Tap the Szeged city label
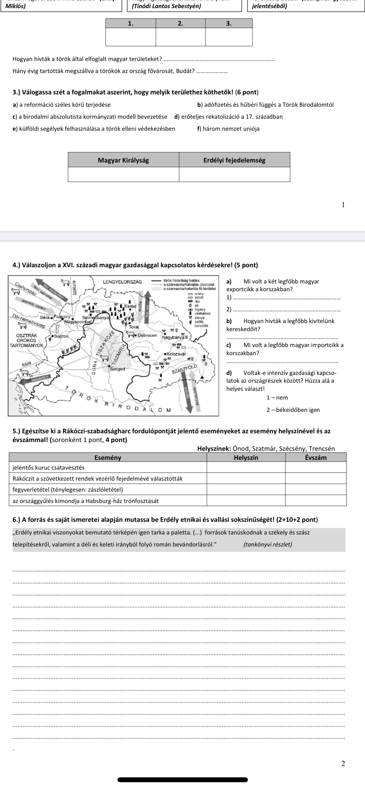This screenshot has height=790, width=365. (x=118, y=369)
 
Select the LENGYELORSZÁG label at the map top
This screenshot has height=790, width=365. (x=122, y=282)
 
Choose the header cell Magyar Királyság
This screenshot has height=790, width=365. (x=123, y=160)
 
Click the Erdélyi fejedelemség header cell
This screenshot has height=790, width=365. (x=234, y=160)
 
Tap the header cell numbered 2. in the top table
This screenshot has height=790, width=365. (x=180, y=23)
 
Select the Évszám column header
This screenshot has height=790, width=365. (x=316, y=458)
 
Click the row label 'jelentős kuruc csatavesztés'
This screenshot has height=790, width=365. (x=48, y=467)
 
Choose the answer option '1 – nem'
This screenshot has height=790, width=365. (x=277, y=398)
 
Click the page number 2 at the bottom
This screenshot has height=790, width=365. (x=343, y=763)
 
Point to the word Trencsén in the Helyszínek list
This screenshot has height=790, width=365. (x=321, y=449)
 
